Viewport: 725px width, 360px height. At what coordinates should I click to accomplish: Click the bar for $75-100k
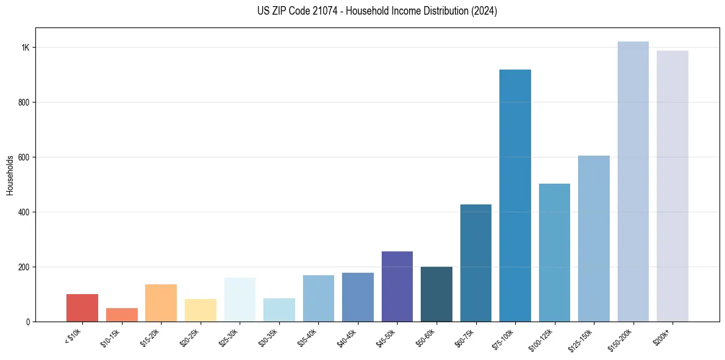point(515,195)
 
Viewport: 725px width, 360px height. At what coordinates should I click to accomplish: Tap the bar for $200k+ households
point(673,186)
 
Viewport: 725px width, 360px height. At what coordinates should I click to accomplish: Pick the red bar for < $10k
point(82,308)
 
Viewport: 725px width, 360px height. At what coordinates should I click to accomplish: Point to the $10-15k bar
point(122,315)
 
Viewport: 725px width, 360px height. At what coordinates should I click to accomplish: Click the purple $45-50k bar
point(397,286)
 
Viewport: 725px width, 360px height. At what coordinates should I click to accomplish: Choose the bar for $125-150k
point(594,239)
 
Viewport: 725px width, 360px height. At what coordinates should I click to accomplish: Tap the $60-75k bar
point(476,263)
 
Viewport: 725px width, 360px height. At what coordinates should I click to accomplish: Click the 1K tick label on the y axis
point(26,48)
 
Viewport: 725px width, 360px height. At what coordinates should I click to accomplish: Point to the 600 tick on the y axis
point(24,157)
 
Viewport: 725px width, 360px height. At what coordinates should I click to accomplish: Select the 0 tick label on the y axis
point(28,322)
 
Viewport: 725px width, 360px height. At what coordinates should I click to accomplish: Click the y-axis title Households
point(10,175)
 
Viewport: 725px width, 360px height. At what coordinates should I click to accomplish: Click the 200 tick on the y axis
point(24,267)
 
